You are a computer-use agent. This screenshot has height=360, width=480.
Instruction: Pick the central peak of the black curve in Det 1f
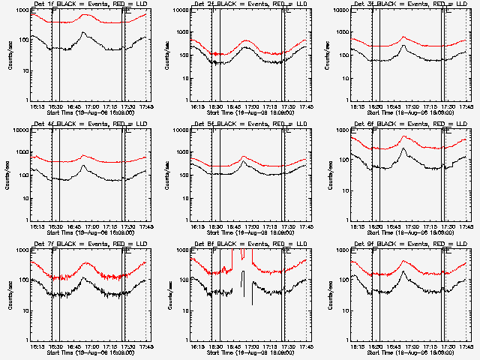[83, 32]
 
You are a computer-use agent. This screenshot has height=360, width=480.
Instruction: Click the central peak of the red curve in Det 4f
[84, 155]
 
